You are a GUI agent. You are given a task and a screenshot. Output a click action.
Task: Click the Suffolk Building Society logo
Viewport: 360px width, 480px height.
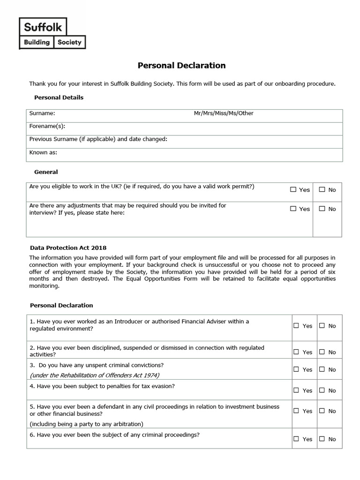coord(52,33)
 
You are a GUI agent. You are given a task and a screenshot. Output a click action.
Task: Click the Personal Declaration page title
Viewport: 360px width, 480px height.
coord(181,66)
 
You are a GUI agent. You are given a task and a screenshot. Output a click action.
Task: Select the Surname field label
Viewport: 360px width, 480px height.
coord(42,113)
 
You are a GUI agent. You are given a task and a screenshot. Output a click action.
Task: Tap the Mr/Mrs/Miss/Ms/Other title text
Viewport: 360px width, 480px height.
coord(224,113)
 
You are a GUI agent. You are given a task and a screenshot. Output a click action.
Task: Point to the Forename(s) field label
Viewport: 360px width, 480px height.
coord(47,126)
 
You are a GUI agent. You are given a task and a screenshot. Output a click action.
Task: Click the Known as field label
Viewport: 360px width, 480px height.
coord(43,152)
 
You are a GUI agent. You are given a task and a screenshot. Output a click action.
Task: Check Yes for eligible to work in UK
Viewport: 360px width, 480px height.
coord(293,190)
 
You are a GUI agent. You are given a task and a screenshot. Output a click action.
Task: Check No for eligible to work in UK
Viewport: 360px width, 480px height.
coord(322,190)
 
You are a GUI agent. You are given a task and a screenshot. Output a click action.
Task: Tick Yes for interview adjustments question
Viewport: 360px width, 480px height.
coord(293,209)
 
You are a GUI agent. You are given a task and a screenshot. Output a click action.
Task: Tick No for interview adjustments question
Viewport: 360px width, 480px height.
coord(322,209)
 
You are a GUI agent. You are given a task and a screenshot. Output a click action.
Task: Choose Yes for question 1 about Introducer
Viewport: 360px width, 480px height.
coord(296,326)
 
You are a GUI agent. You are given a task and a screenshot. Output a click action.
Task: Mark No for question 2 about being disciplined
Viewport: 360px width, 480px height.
coord(322,352)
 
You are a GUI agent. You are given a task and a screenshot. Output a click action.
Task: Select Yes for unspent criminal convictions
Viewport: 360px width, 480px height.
coord(296,369)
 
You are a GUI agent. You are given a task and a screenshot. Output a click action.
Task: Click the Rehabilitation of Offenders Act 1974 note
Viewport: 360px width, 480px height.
coord(94,375)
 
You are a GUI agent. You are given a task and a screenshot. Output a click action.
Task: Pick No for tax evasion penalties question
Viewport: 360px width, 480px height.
coord(322,390)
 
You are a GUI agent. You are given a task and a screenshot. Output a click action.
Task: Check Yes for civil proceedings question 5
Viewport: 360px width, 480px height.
coord(296,411)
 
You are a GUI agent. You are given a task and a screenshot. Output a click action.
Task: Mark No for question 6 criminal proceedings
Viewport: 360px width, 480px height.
coord(322,439)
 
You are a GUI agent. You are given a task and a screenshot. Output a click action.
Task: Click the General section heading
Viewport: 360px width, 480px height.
coord(46,172)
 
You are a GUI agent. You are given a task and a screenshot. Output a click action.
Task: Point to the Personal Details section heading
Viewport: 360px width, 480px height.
coord(59,97)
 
